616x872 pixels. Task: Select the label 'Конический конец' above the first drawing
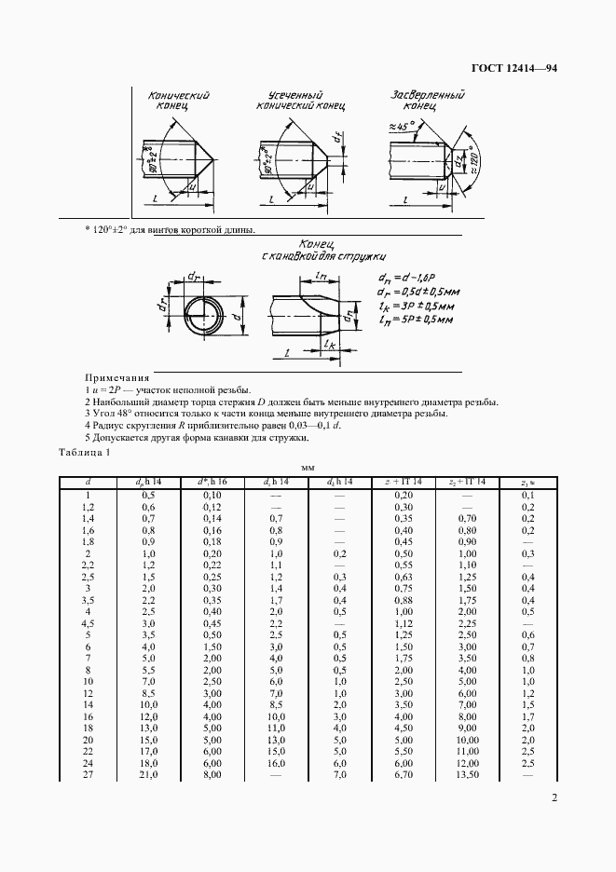coord(178,102)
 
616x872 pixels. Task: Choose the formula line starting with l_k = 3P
coord(418,305)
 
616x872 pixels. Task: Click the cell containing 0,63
coord(403,602)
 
